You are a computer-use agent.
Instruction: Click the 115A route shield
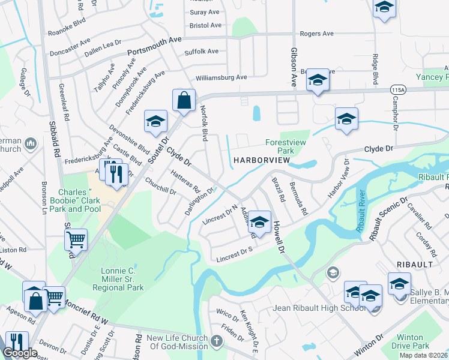pyautogui.click(x=397, y=89)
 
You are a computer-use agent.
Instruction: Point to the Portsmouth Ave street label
pyautogui.click(x=155, y=48)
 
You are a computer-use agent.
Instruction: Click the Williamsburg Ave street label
pyautogui.click(x=221, y=77)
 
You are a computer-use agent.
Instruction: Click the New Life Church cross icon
pyautogui.click(x=217, y=341)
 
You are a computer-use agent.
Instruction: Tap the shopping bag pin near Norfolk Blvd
pyautogui.click(x=184, y=101)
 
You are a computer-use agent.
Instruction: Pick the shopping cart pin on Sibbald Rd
pyautogui.click(x=76, y=240)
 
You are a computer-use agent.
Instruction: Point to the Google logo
pyautogui.click(x=20, y=353)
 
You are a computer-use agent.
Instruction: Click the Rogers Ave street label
pyautogui.click(x=316, y=34)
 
